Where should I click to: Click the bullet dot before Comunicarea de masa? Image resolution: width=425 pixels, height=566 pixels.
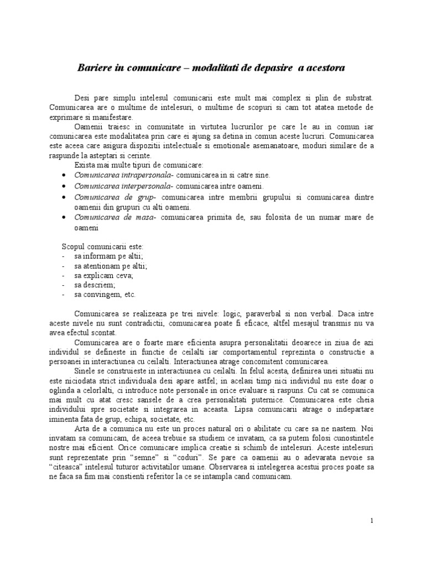click(x=65, y=218)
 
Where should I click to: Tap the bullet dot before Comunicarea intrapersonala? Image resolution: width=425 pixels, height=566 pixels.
click(x=65, y=175)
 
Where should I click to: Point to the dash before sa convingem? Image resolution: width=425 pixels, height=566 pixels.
click(x=65, y=295)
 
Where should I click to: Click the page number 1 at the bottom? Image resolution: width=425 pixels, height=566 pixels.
click(x=372, y=521)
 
